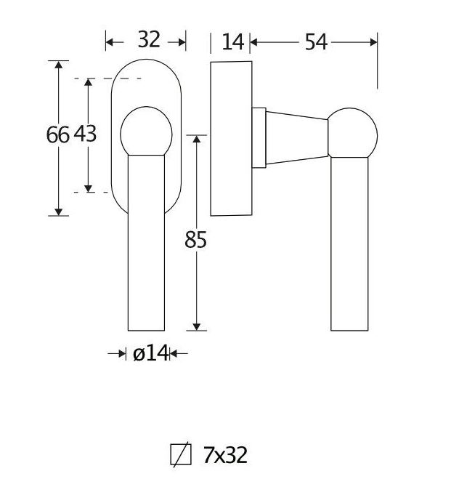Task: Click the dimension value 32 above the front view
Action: pyautogui.click(x=148, y=40)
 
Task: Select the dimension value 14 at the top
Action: pyautogui.click(x=232, y=42)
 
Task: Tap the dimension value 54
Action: pyautogui.click(x=315, y=42)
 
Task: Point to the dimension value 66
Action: pyautogui.click(x=57, y=134)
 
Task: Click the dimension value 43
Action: pyautogui.click(x=85, y=134)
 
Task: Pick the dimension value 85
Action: pyautogui.click(x=195, y=239)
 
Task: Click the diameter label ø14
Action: pyautogui.click(x=150, y=354)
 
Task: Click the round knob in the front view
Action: pyautogui.click(x=146, y=132)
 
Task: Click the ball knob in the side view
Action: pyautogui.click(x=353, y=134)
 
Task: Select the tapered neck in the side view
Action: pyautogui.click(x=298, y=136)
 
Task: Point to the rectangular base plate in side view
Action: pyautogui.click(x=231, y=138)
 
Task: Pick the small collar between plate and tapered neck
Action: pyautogui.click(x=259, y=136)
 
